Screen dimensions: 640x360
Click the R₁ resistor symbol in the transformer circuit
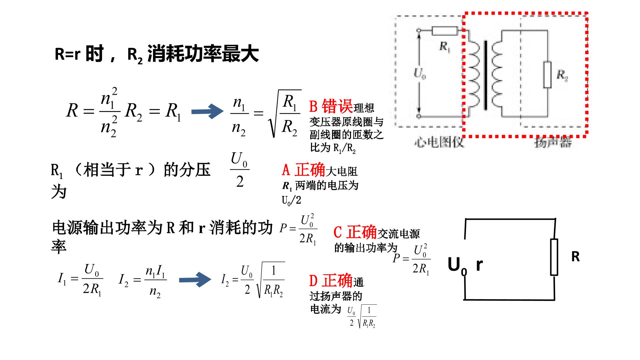click(x=445, y=31)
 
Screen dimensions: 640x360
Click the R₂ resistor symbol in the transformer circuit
click(x=547, y=75)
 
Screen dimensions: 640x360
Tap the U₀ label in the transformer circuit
click(x=419, y=73)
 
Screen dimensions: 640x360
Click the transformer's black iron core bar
click(x=485, y=75)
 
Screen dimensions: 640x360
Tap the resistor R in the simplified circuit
click(x=554, y=257)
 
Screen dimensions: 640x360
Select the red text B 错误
click(x=331, y=107)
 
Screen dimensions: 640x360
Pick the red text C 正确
click(x=355, y=232)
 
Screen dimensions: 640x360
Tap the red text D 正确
click(x=331, y=281)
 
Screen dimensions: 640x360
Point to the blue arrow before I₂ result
click(x=195, y=280)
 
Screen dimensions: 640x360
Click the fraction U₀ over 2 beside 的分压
click(x=240, y=170)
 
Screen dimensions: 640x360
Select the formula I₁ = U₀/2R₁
click(x=80, y=280)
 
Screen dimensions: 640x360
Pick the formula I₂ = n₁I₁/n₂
click(x=143, y=282)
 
